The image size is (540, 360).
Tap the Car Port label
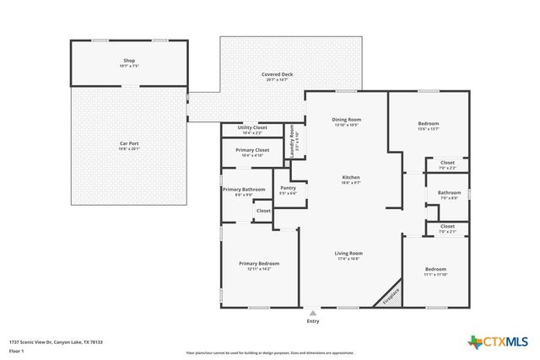point(129,145)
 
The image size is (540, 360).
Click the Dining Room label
point(346,122)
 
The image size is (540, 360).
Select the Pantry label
point(288,190)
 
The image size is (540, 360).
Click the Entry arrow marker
point(313,313)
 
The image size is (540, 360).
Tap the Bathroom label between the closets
point(448,194)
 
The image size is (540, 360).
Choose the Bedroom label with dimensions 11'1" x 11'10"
point(435,271)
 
